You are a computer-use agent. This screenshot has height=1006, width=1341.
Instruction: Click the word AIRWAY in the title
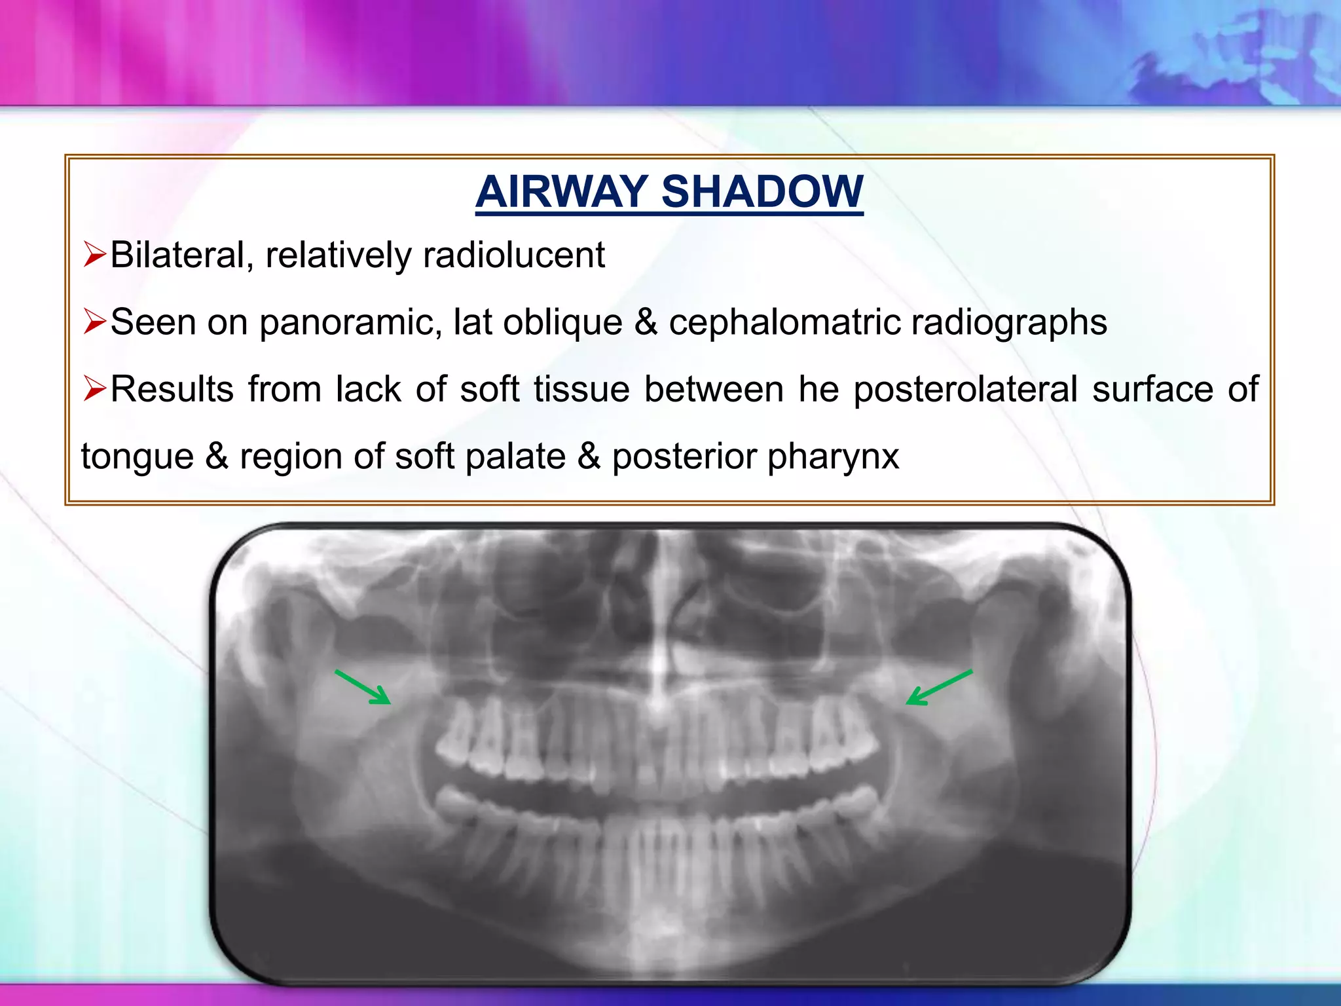pyautogui.click(x=562, y=192)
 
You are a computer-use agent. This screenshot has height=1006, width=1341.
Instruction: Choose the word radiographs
pyautogui.click(x=1009, y=323)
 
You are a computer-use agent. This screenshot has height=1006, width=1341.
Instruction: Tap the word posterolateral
pyautogui.click(x=966, y=389)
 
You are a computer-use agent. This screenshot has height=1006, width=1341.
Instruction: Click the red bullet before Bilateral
pyautogui.click(x=95, y=255)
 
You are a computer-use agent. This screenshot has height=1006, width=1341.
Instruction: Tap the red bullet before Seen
pyautogui.click(x=95, y=322)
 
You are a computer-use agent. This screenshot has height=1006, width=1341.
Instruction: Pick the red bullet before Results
pyautogui.click(x=95, y=389)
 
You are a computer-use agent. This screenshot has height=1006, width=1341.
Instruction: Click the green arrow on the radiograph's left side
pyautogui.click(x=363, y=687)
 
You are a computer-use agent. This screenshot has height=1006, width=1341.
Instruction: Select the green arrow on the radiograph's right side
pyautogui.click(x=938, y=688)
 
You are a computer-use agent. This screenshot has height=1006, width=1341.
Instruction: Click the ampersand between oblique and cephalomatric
pyautogui.click(x=646, y=322)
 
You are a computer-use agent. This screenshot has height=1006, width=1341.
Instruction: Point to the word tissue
pyautogui.click(x=581, y=389)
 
